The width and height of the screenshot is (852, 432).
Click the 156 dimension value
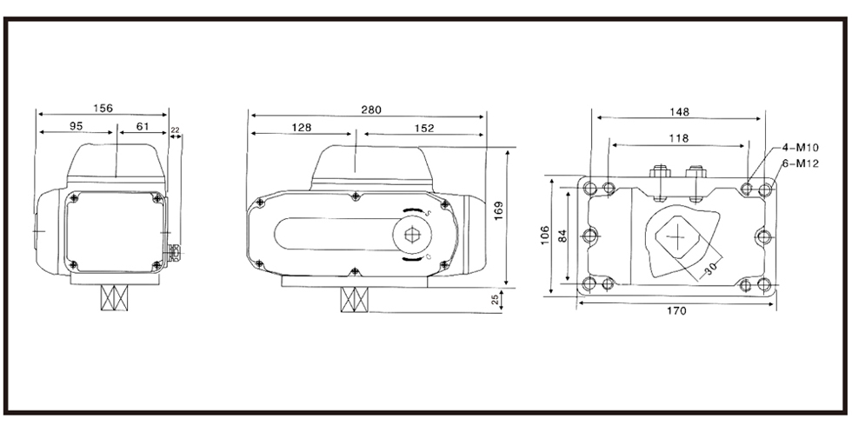click(x=103, y=108)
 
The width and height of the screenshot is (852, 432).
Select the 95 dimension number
click(x=77, y=126)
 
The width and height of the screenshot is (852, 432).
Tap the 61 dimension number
click(x=143, y=126)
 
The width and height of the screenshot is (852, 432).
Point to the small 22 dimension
click(x=175, y=130)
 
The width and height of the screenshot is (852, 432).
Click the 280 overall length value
click(x=372, y=110)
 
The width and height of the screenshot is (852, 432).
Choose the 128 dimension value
click(x=302, y=128)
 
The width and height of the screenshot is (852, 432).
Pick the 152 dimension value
click(x=424, y=129)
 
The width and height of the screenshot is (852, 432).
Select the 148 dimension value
click(x=679, y=112)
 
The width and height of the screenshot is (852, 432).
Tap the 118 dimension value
click(x=679, y=138)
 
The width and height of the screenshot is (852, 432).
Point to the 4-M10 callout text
click(x=800, y=147)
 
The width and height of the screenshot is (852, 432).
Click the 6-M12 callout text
click(x=800, y=163)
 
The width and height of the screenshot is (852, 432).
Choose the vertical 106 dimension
click(x=546, y=236)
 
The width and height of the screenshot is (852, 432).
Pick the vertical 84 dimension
click(x=563, y=236)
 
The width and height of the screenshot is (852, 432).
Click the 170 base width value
click(x=676, y=311)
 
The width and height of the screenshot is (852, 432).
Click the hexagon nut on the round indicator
click(x=412, y=234)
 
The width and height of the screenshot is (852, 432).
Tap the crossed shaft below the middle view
click(x=355, y=299)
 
